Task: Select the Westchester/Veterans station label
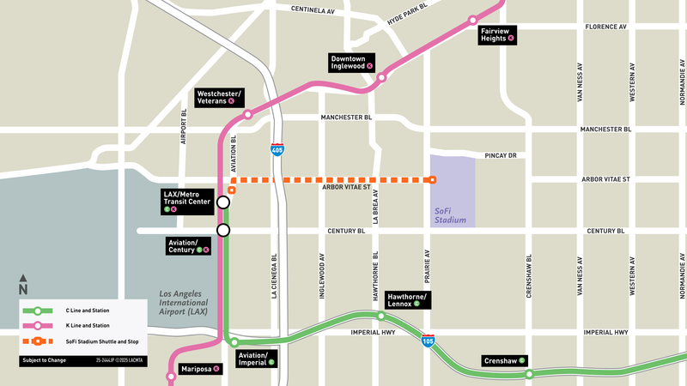tap(219, 96)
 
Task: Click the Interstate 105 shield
tap(428, 341)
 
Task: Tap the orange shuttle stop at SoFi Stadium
tap(431, 180)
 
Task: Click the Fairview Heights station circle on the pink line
tap(472, 20)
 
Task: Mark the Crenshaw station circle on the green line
tap(530, 374)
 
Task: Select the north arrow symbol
tap(23, 284)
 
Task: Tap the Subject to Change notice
tap(43, 361)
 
